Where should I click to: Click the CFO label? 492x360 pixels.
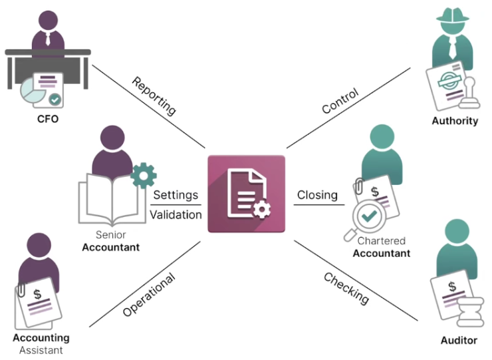click(x=48, y=119)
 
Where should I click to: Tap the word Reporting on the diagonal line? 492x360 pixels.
click(x=154, y=96)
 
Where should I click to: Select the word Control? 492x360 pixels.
click(x=340, y=100)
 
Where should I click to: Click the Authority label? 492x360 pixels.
click(x=455, y=120)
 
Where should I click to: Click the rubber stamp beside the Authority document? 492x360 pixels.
click(x=469, y=93)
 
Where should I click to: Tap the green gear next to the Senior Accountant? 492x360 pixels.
click(x=144, y=176)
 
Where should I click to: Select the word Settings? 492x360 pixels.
click(x=176, y=195)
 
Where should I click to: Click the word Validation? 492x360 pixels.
click(x=176, y=215)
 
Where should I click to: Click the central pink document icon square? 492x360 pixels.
click(x=246, y=194)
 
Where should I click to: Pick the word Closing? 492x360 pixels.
click(x=317, y=195)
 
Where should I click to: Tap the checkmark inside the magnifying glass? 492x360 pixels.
click(x=369, y=216)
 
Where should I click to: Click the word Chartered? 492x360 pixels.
click(x=382, y=241)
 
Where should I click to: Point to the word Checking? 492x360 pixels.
click(x=346, y=288)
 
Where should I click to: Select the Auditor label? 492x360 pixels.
click(x=459, y=340)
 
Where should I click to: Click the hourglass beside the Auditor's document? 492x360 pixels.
click(x=470, y=312)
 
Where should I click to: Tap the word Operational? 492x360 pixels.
click(x=149, y=295)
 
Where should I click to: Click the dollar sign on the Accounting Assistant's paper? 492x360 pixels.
click(x=38, y=294)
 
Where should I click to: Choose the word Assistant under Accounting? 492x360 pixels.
click(x=41, y=350)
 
